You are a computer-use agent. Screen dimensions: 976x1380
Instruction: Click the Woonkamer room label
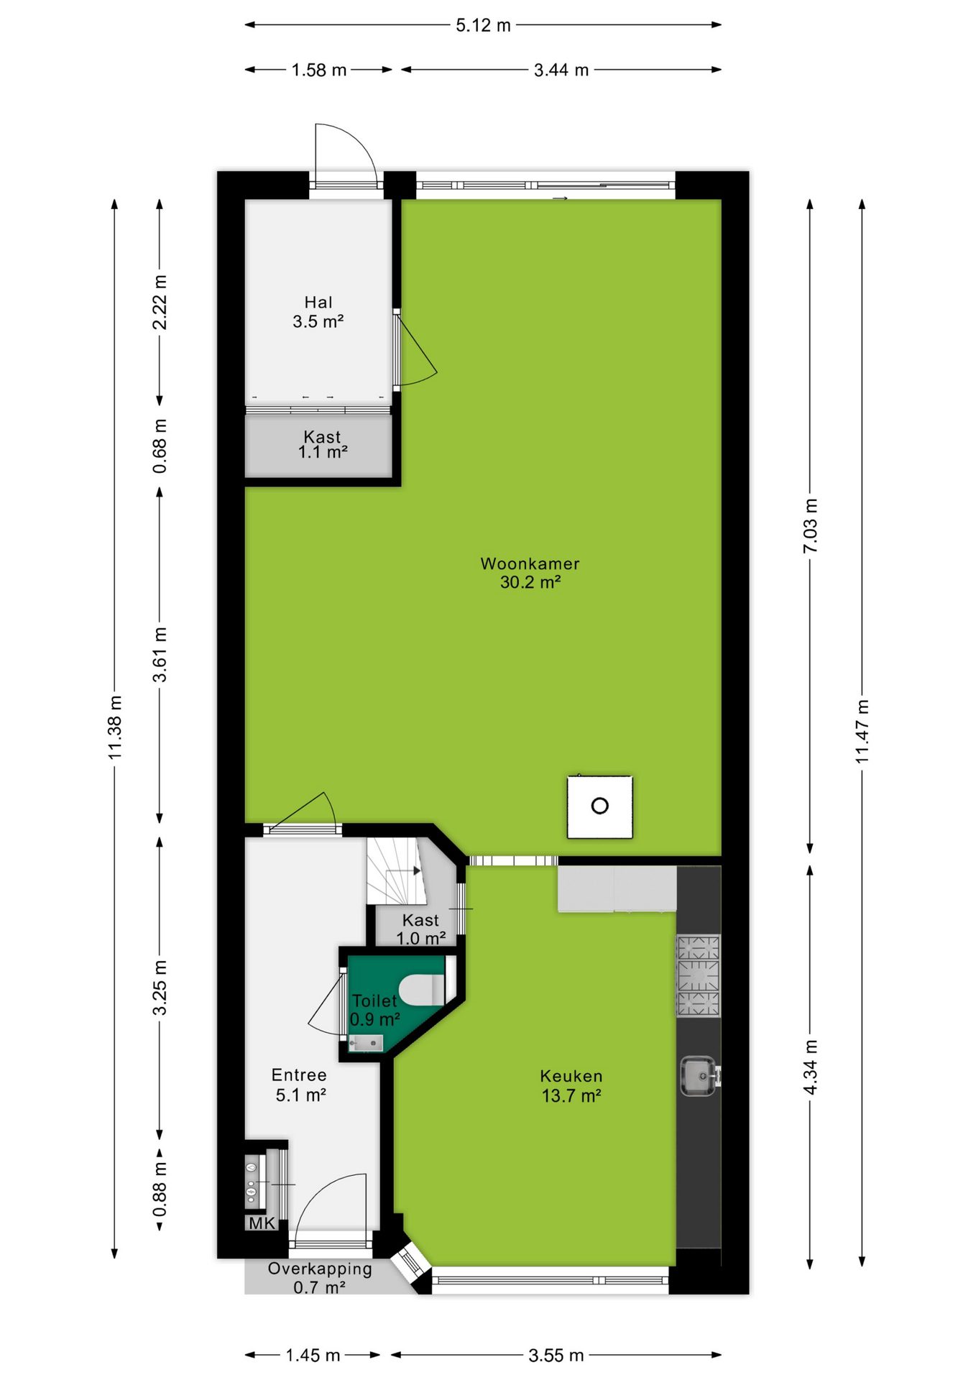530,563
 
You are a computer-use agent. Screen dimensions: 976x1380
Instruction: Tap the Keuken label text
571,1076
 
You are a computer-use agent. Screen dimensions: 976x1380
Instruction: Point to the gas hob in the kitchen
698,976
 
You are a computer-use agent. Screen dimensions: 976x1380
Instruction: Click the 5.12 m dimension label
483,25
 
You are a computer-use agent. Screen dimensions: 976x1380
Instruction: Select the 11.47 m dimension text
862,731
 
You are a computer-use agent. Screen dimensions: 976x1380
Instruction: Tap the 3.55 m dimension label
556,1356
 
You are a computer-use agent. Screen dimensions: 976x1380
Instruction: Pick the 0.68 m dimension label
160,446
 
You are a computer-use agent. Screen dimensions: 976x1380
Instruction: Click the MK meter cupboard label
262,1223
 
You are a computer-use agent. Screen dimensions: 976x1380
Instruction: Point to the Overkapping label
320,1269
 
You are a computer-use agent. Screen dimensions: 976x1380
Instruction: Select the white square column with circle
600,806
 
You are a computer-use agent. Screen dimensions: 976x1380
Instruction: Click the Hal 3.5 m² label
318,312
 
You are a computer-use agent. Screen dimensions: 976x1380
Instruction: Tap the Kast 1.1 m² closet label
323,444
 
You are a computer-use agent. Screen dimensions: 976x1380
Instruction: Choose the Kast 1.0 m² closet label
421,929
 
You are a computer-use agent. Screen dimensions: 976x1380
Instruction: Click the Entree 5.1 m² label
300,1085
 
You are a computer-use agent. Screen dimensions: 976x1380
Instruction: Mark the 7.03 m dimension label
810,525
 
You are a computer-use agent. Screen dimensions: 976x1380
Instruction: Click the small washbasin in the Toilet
366,1043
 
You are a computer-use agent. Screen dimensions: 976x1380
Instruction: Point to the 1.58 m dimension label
319,70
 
